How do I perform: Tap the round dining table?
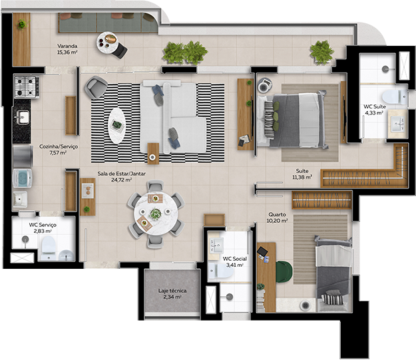click(155, 214)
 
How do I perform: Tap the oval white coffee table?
click(116, 125)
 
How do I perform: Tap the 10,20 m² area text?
click(276, 221)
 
